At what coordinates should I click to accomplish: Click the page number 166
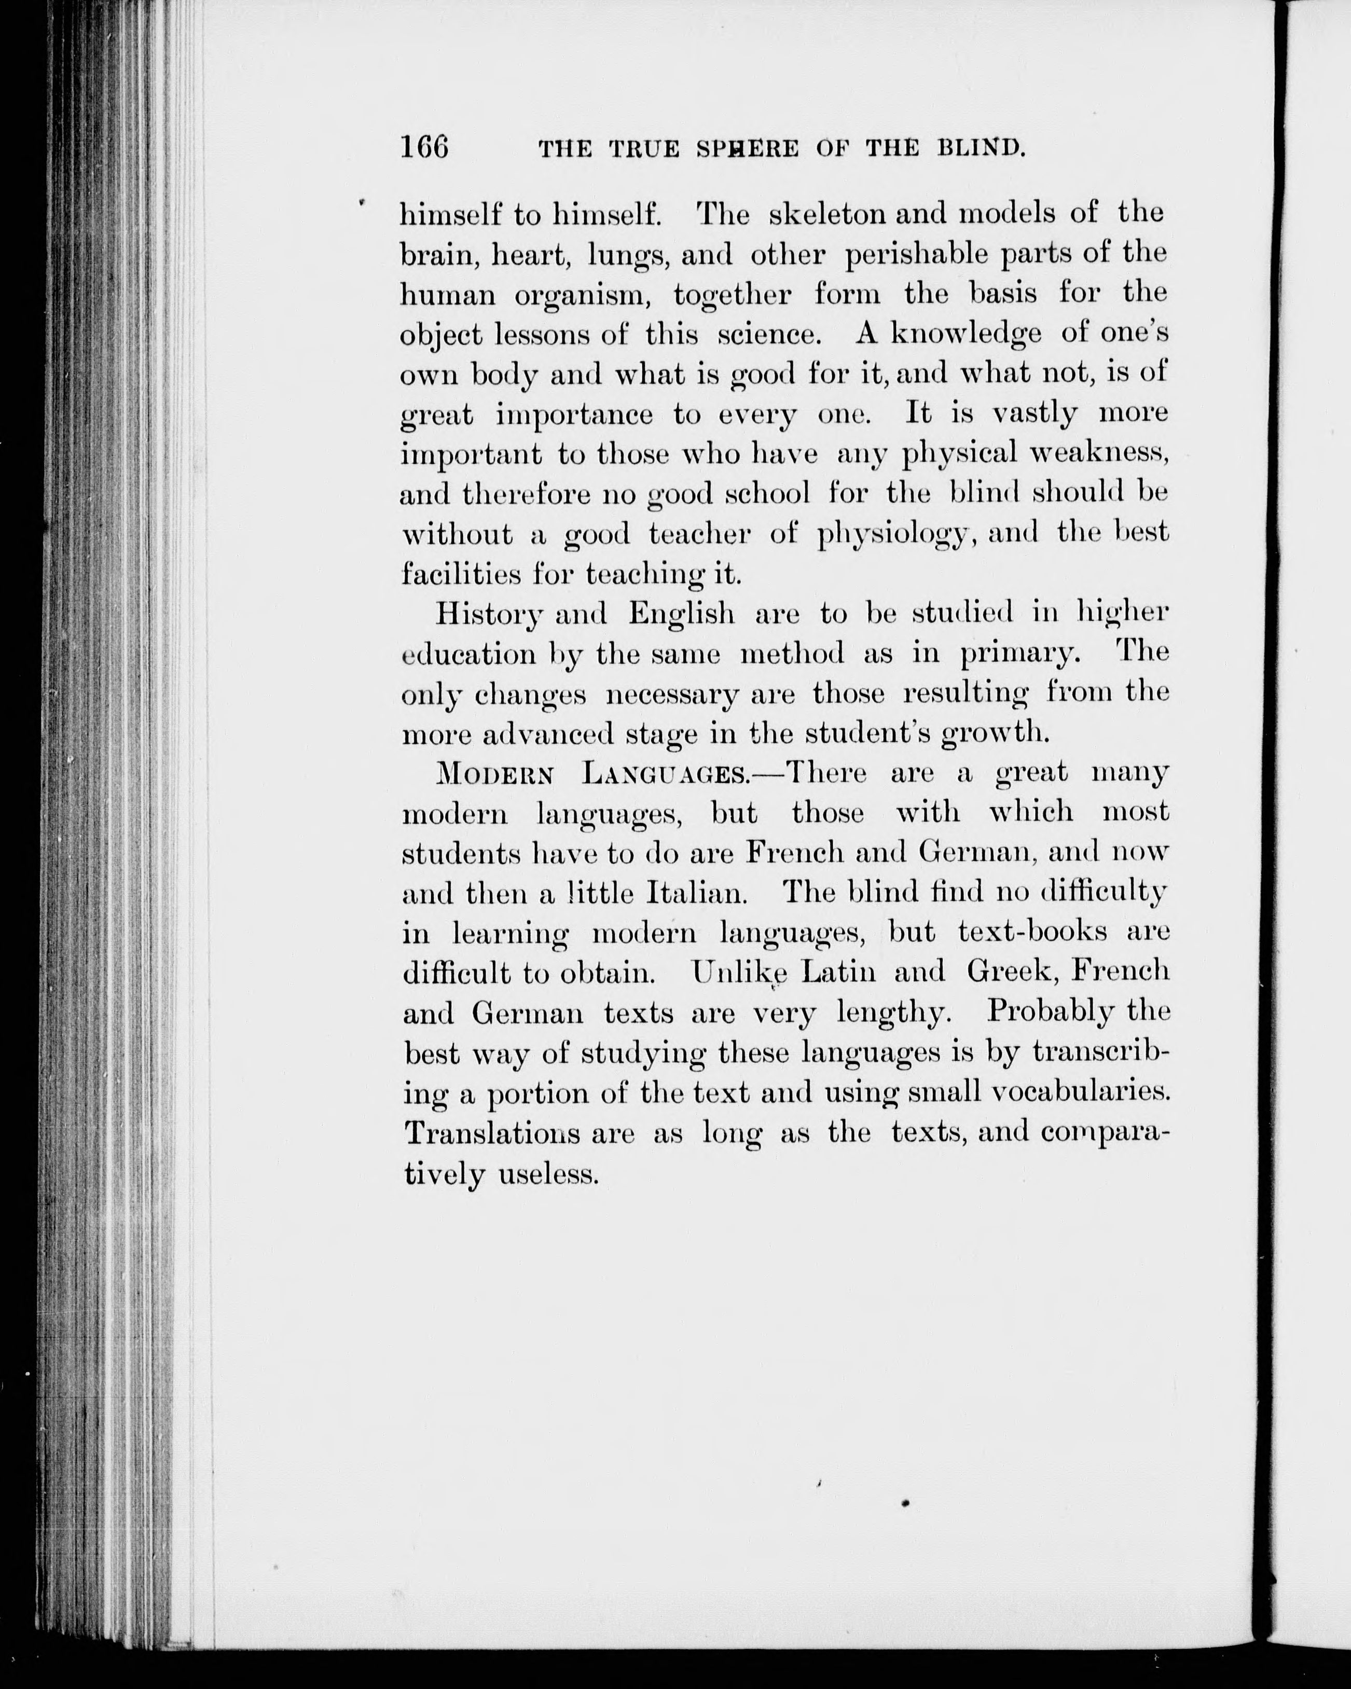coord(424,147)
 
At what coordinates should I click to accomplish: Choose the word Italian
coord(692,893)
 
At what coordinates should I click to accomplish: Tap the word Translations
coord(491,1133)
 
